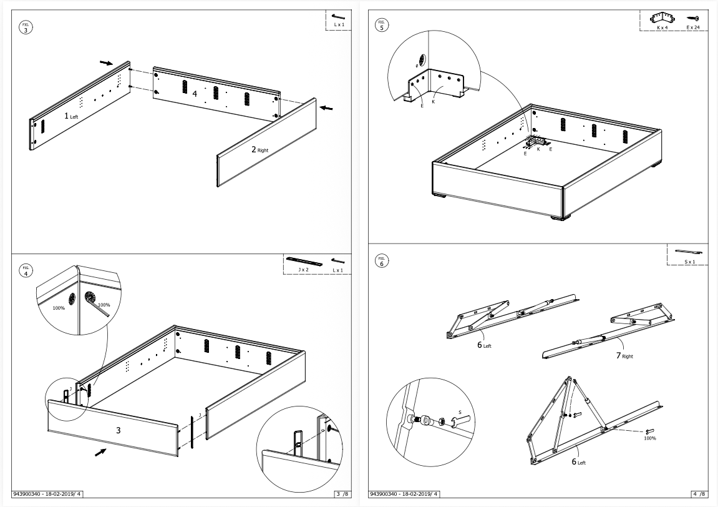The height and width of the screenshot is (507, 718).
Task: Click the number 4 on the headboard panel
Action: [195, 94]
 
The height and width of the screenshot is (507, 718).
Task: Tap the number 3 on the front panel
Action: [118, 430]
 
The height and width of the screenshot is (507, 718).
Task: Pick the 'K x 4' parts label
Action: [662, 28]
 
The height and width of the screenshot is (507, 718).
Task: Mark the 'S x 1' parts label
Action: [689, 262]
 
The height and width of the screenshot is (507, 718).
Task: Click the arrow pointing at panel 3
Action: [100, 451]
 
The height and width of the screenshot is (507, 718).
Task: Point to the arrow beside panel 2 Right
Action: [325, 108]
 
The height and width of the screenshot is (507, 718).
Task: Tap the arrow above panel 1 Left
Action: [107, 62]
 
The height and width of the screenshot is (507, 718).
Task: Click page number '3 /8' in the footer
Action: [339, 495]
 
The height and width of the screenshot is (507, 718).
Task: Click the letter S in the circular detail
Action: [460, 412]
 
